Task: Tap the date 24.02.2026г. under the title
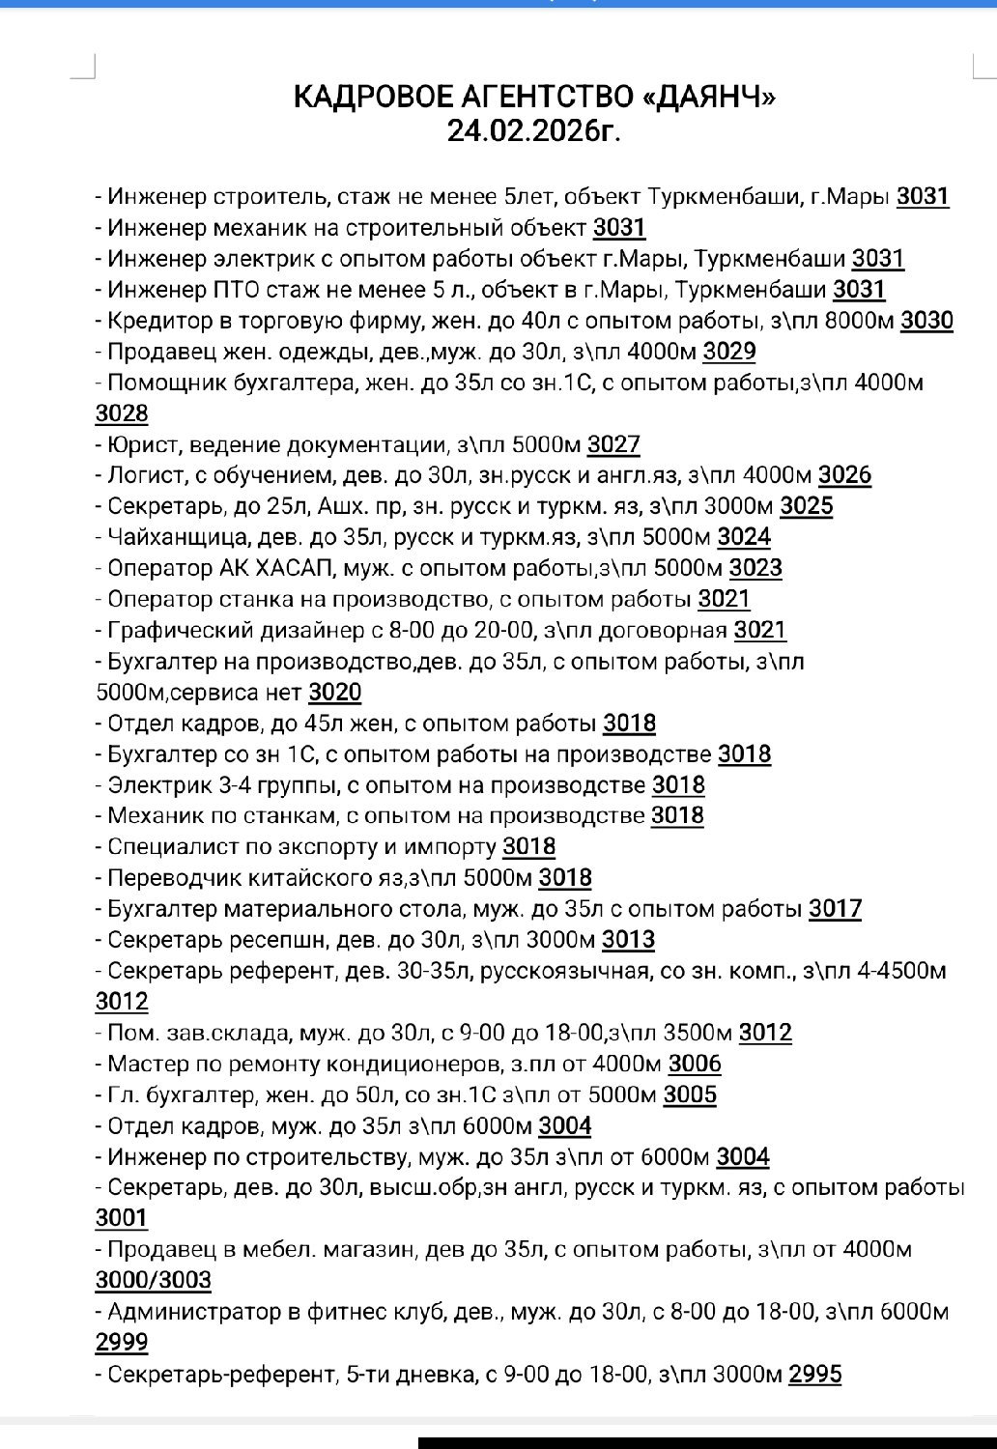click(x=533, y=130)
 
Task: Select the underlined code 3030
click(x=926, y=321)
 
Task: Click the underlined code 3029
click(x=729, y=352)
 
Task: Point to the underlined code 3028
click(x=122, y=413)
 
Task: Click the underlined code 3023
click(x=755, y=568)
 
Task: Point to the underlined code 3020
click(x=335, y=693)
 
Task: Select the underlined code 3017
click(x=835, y=909)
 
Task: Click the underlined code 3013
click(x=628, y=940)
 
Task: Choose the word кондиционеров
click(x=411, y=1064)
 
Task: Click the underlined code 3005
click(x=690, y=1094)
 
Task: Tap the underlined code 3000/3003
click(x=153, y=1280)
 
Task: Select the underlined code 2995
click(x=815, y=1373)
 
